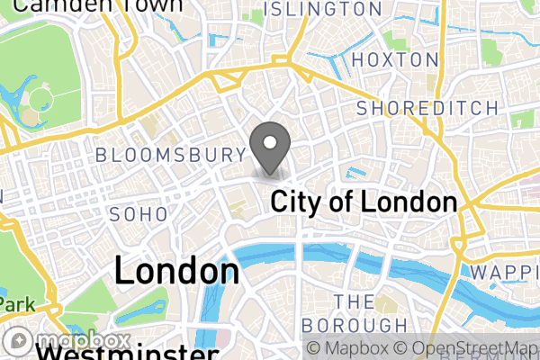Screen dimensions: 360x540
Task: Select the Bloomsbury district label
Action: [x=170, y=155]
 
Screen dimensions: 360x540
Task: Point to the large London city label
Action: [x=177, y=271]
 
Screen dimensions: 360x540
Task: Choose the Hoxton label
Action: [x=395, y=59]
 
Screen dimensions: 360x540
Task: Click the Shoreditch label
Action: [x=427, y=108]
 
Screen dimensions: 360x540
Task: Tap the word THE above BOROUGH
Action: [x=354, y=301]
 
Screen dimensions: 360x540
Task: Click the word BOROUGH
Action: [x=355, y=324]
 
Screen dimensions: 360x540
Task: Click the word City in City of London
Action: [x=299, y=202]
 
